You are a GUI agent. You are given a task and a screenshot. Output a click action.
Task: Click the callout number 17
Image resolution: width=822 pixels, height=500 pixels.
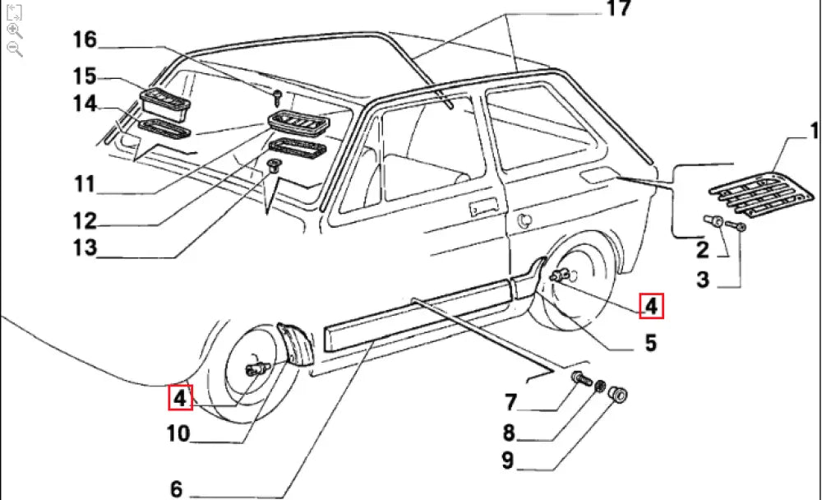(617, 9)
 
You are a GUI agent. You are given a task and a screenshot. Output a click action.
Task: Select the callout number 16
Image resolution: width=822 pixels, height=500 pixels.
(84, 39)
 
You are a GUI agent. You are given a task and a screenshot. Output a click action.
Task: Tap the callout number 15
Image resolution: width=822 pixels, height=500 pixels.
(84, 76)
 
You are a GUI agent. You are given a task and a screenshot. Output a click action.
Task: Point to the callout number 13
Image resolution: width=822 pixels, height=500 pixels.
(84, 247)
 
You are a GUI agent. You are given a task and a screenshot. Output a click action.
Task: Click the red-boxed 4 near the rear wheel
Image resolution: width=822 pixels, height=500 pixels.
(650, 307)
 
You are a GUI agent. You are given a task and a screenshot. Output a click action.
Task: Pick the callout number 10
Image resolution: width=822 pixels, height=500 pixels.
(178, 433)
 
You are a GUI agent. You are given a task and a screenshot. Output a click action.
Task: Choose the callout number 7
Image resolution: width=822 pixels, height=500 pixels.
(510, 403)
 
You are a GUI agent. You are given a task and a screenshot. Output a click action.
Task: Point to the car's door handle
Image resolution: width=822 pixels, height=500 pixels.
(484, 206)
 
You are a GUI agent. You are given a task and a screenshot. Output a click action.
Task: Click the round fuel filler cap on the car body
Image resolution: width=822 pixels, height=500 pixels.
(524, 220)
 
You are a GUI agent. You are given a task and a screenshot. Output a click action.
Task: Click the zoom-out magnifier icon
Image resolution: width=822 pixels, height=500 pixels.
(14, 49)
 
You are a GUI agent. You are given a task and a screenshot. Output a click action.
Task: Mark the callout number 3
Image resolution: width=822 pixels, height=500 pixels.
(702, 280)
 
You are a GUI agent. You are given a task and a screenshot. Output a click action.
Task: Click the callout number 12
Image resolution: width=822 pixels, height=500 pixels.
(84, 220)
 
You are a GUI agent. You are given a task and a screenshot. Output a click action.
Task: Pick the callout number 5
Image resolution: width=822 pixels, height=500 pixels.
(650, 342)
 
